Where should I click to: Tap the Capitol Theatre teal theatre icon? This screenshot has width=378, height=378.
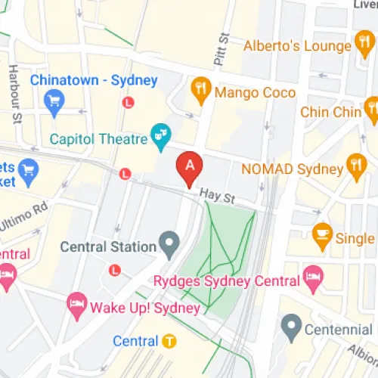pos(161,136)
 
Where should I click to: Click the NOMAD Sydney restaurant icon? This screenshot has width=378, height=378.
pos(356,164)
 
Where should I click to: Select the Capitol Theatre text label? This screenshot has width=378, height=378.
pos(98,138)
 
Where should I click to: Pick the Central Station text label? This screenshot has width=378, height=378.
pos(108,246)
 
